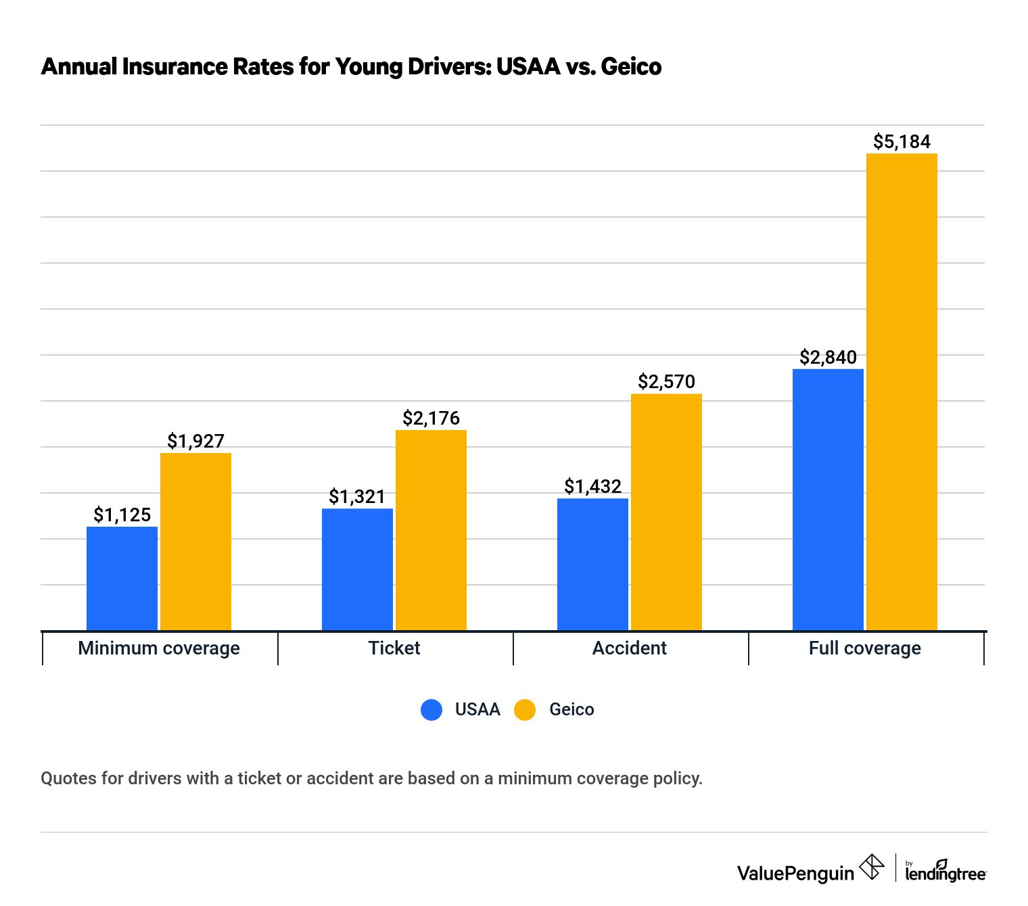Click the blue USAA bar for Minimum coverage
click(122, 579)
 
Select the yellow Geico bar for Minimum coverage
click(195, 542)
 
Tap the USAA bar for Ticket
click(357, 569)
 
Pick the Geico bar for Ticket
click(431, 530)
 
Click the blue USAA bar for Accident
click(592, 565)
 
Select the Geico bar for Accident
click(666, 512)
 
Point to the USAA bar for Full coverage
click(828, 500)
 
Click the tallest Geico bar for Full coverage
click(902, 392)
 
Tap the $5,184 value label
click(902, 142)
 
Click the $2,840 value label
click(828, 357)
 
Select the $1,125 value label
click(122, 515)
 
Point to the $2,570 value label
click(666, 382)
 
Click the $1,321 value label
click(357, 497)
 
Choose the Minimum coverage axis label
click(159, 648)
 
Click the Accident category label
click(629, 648)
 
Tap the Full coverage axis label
click(864, 648)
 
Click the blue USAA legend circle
click(431, 710)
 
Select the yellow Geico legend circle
click(525, 710)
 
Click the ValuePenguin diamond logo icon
click(872, 867)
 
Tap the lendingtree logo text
click(945, 873)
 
